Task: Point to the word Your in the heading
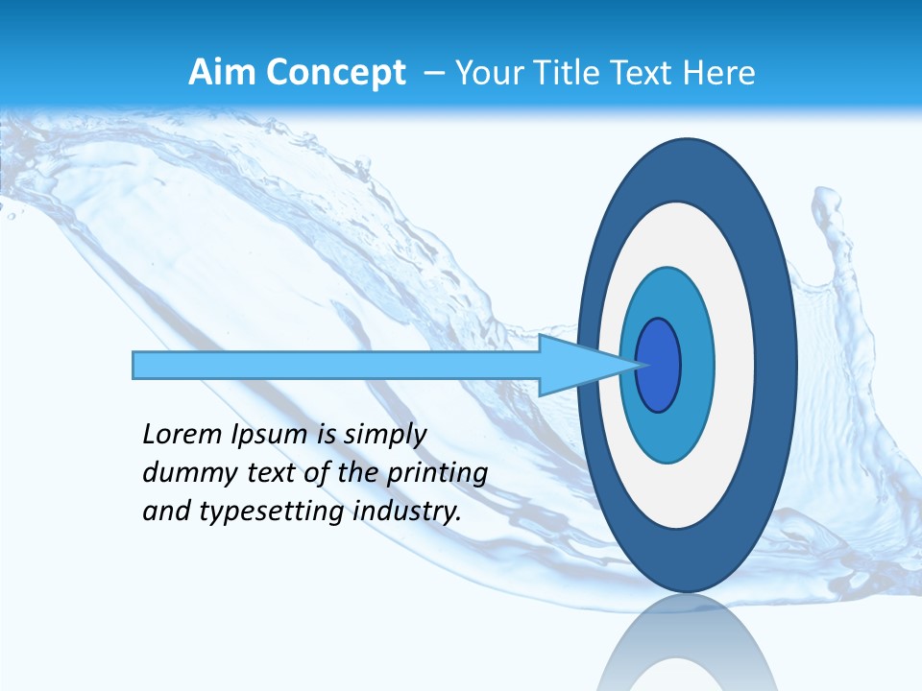tap(486, 72)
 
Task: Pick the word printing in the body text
tap(437, 473)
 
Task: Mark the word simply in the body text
tap(385, 436)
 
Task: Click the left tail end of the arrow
tap(137, 365)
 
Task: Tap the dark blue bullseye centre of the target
tap(658, 365)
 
